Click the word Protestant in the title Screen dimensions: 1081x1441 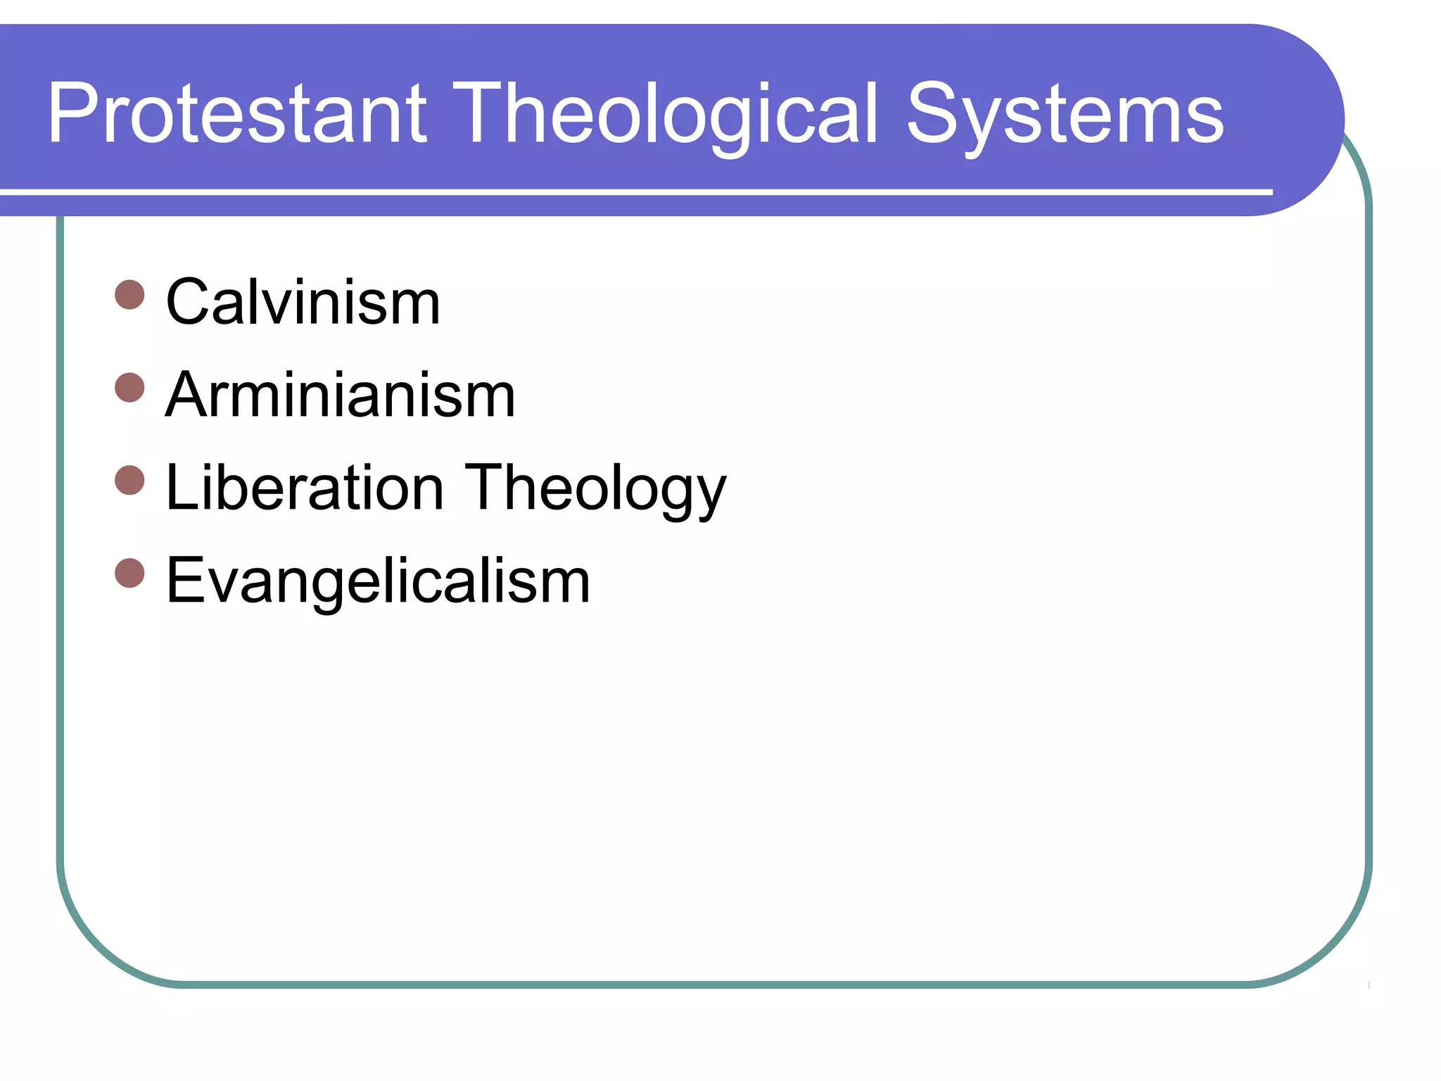tap(237, 114)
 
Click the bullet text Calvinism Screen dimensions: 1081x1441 tap(303, 303)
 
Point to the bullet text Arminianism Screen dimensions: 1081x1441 tap(341, 396)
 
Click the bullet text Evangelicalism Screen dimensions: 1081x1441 tap(378, 581)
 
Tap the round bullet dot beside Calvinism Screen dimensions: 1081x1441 tap(129, 295)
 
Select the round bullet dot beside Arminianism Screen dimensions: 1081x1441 tap(129, 388)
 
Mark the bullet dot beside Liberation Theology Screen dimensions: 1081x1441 tap(129, 481)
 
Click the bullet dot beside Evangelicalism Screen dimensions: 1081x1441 tap(129, 573)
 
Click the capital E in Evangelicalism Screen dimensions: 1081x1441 tap(185, 581)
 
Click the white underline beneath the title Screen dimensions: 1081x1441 tap(633, 191)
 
